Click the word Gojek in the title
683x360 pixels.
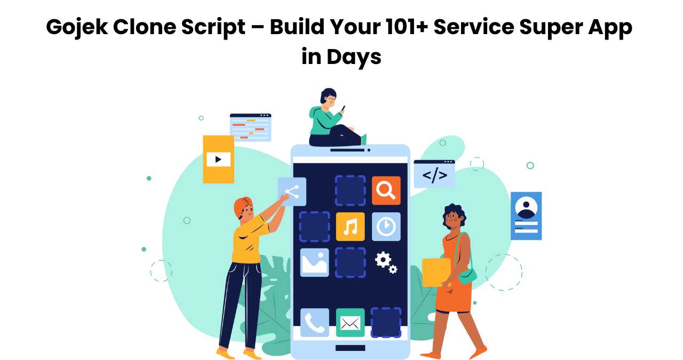(77, 28)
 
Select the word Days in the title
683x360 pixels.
(354, 57)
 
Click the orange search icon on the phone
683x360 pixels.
(386, 190)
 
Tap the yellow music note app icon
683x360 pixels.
(350, 227)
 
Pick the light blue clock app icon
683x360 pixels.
(386, 227)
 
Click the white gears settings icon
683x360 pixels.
(386, 262)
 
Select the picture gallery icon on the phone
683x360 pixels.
(314, 262)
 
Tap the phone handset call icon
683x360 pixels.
(314, 323)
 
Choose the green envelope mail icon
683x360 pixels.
(350, 323)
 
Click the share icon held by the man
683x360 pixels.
(292, 192)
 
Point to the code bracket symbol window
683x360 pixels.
(434, 174)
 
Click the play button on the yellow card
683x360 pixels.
(218, 159)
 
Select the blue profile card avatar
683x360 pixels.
(526, 207)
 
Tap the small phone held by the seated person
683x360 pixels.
(343, 108)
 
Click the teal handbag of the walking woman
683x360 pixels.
(467, 276)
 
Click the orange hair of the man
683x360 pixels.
(242, 205)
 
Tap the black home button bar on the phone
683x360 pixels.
(350, 348)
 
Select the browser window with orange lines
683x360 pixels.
(250, 127)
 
